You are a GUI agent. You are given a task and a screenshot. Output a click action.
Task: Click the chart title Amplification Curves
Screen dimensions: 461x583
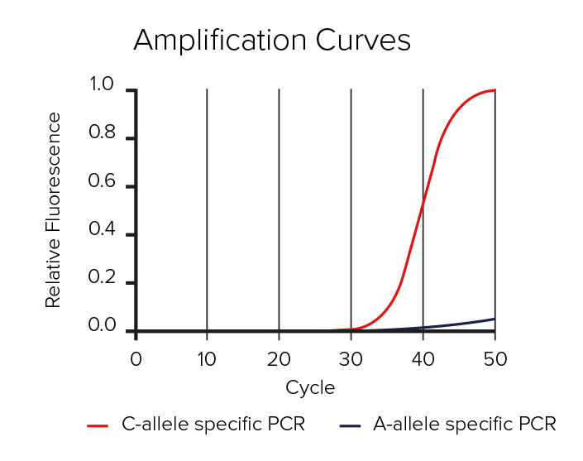[x=272, y=41]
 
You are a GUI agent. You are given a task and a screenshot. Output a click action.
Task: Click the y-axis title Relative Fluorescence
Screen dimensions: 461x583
[x=54, y=210]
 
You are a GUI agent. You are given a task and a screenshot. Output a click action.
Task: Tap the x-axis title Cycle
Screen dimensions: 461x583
[x=310, y=387]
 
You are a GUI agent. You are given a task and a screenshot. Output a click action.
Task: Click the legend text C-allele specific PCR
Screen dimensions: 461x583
[x=213, y=425]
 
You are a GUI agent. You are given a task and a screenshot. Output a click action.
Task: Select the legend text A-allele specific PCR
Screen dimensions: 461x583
[x=465, y=425]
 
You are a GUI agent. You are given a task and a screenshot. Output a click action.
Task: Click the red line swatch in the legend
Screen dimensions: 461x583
[x=98, y=425]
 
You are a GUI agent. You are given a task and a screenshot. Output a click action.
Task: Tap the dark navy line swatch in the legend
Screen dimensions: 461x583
[x=351, y=425]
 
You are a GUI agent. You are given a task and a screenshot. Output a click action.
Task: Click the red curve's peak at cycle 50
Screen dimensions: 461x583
[x=494, y=90]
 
